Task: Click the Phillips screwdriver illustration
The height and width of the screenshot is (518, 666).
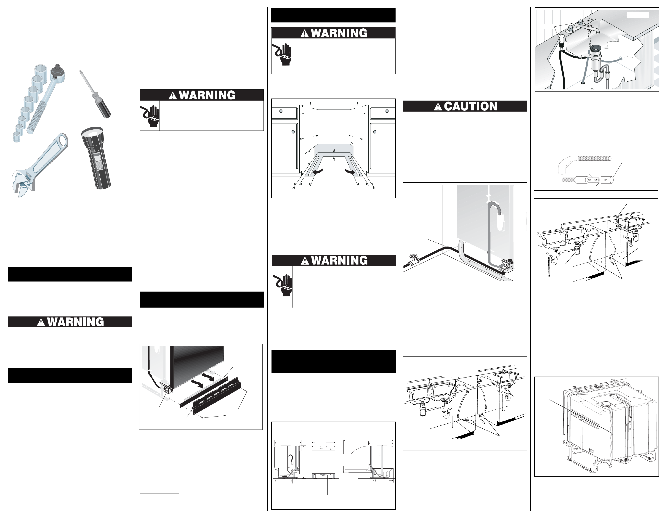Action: coord(95,95)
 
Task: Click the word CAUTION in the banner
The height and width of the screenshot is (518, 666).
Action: coord(471,106)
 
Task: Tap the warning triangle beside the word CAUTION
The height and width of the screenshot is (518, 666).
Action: coord(438,107)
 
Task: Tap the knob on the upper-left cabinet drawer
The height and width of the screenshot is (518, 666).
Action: coord(281,111)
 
